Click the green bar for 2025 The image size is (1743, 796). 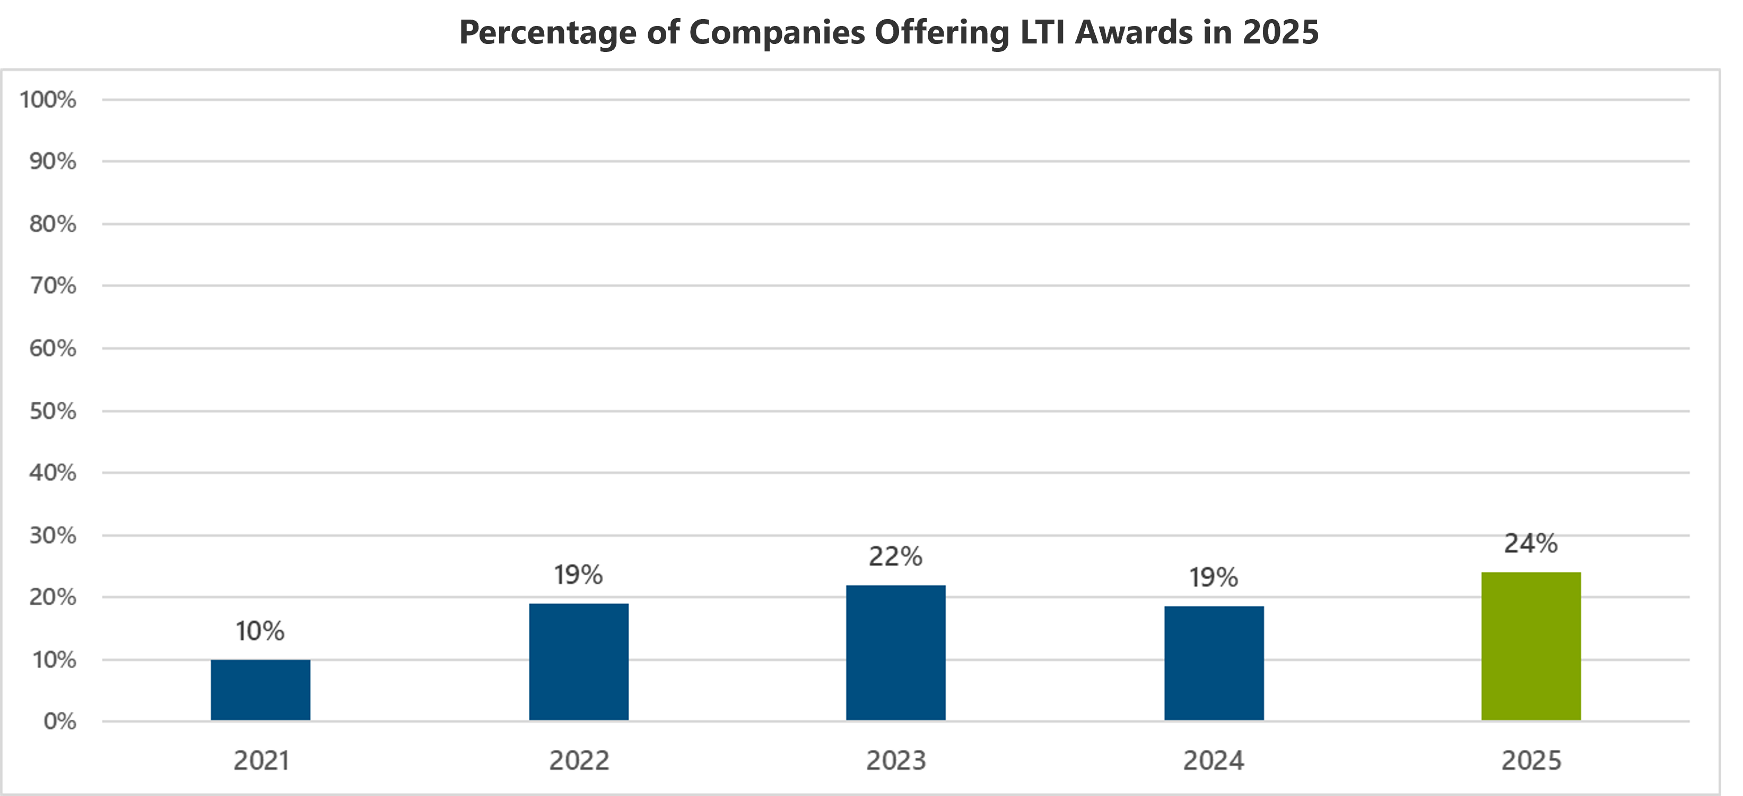coord(1530,646)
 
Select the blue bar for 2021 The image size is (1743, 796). coord(260,690)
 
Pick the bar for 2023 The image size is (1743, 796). coord(895,652)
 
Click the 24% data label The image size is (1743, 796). coord(1530,543)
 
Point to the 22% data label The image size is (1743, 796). coord(895,556)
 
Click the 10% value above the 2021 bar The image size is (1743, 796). coord(260,631)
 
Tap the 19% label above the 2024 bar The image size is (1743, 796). coord(1214,578)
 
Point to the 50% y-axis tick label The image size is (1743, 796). coord(52,411)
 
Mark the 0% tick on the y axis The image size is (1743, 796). coord(59,722)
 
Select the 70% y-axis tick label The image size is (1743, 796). coord(52,286)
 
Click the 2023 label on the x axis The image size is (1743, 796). coord(895,761)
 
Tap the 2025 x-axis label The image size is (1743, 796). coord(1530,761)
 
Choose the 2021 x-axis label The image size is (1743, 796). coord(261,761)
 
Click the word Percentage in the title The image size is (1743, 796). coord(547,32)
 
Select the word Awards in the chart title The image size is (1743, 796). coord(1134,32)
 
